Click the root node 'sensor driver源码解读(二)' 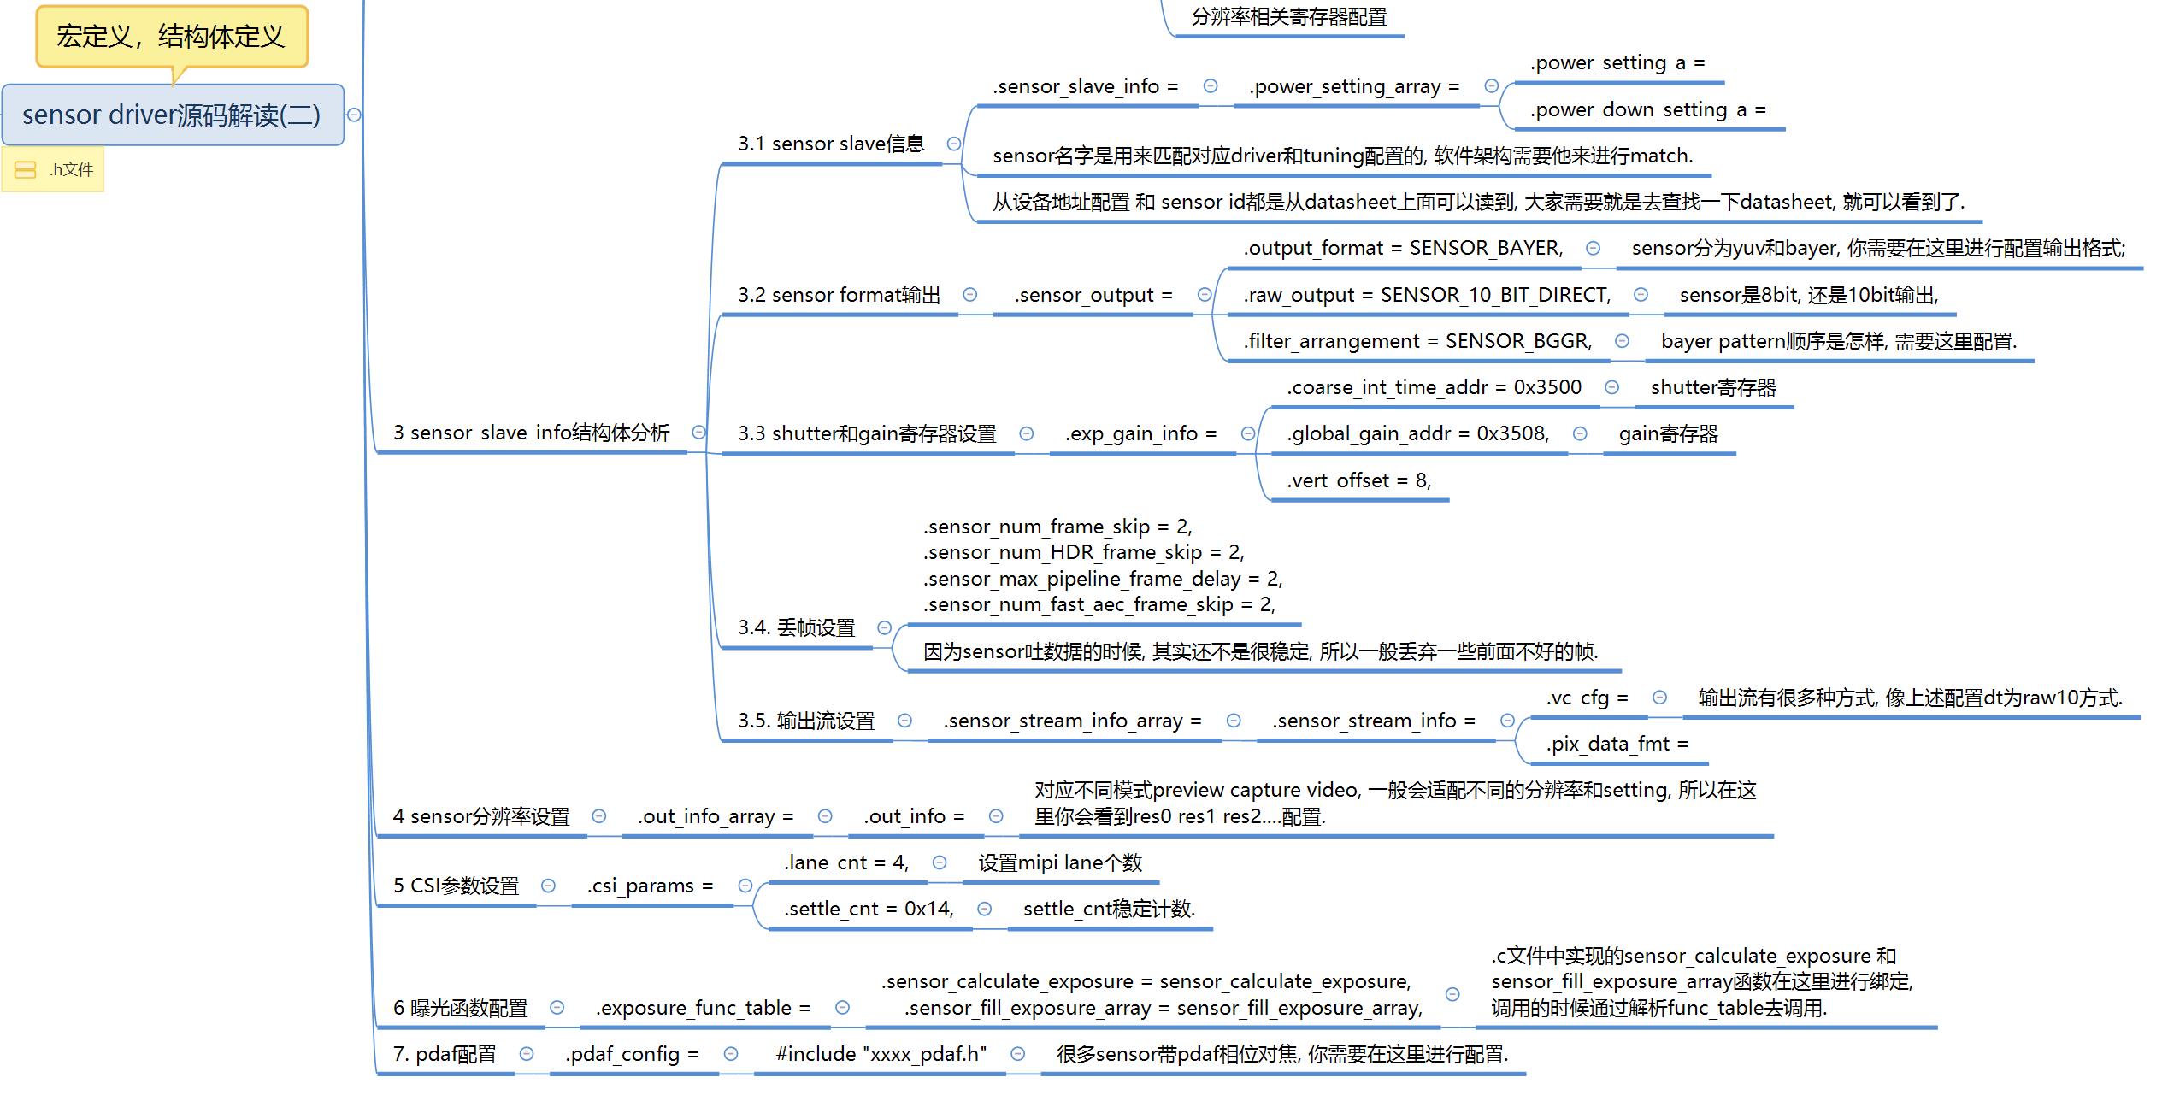tap(172, 115)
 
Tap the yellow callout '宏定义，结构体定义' tap(171, 37)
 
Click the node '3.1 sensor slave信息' tap(831, 144)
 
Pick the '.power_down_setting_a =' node tap(1647, 109)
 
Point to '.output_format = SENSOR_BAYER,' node tap(1403, 248)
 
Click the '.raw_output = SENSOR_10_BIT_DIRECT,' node tap(1427, 295)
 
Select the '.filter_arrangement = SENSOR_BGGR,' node tap(1417, 341)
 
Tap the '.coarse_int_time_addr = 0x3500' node tap(1434, 387)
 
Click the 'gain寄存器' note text tap(1668, 433)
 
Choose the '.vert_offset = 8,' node tap(1358, 480)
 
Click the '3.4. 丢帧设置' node tap(796, 627)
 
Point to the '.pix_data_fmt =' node tap(1617, 744)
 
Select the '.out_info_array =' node tap(715, 816)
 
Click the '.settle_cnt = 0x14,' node tap(869, 909)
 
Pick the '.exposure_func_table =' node tap(703, 1008)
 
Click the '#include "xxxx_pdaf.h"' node tap(881, 1054)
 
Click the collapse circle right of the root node tap(354, 115)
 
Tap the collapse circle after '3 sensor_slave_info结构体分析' tap(698, 433)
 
